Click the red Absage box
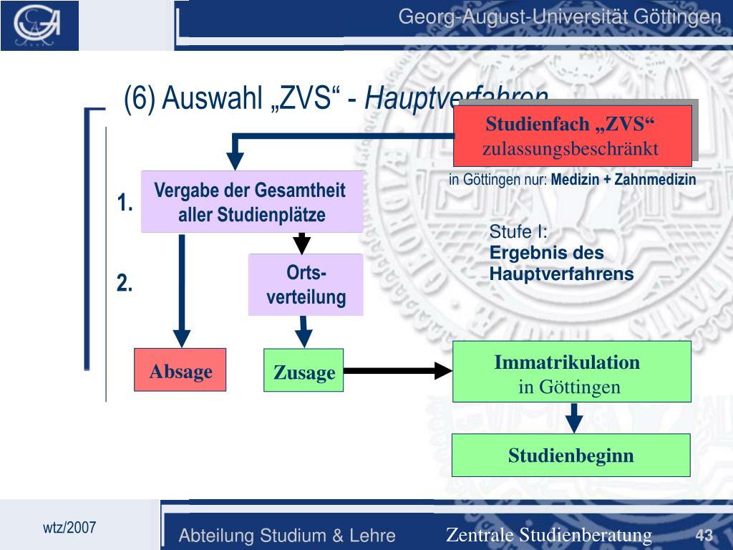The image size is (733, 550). tap(180, 370)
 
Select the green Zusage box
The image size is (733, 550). tap(304, 370)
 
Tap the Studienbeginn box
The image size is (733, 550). tap(571, 455)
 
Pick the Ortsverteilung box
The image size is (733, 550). tap(306, 285)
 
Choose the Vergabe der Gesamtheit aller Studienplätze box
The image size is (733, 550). tap(251, 203)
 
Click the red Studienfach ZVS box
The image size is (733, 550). tap(572, 136)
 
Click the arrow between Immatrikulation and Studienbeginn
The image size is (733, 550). tap(574, 418)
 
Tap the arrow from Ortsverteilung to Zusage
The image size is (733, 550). tap(304, 332)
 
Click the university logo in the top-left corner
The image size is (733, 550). tap(40, 25)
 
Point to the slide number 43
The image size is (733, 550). tap(704, 535)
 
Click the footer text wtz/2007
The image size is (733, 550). tap(69, 528)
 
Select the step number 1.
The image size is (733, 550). tap(126, 203)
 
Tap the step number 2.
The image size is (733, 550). tap(126, 284)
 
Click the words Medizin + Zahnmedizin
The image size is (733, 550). tap(623, 180)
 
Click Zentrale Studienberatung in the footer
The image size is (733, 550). tap(549, 535)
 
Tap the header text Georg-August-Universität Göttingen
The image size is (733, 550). tap(559, 16)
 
